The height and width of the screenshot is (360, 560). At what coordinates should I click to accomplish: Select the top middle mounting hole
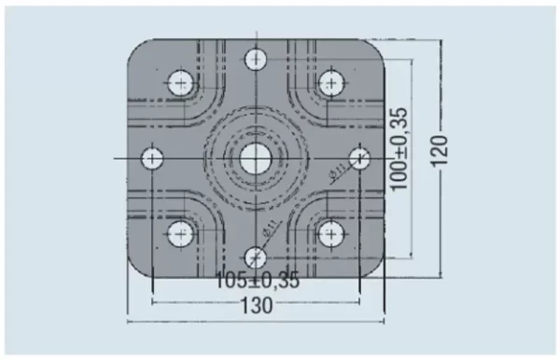[x=256, y=61]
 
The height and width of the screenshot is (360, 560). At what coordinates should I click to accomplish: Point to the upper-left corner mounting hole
[x=181, y=83]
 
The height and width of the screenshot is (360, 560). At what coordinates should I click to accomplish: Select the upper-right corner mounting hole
[x=330, y=83]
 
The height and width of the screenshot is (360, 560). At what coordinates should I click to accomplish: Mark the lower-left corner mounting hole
[x=181, y=233]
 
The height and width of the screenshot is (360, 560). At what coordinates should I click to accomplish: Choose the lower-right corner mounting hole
[x=330, y=233]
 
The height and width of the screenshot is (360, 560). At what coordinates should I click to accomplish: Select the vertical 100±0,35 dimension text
[x=399, y=149]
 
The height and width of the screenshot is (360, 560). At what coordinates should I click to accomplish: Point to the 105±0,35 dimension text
[x=258, y=280]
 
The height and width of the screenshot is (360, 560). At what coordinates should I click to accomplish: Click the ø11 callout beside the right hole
[x=337, y=170]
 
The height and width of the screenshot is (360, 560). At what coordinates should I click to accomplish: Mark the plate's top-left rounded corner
[x=134, y=48]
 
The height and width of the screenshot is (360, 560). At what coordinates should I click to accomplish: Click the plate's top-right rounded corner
[x=377, y=48]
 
